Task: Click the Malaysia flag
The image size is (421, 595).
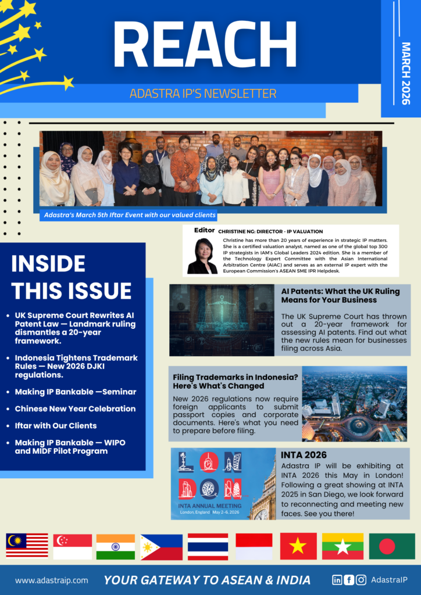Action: [27, 546]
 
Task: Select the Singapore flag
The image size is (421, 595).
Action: [73, 546]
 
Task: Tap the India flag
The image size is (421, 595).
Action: [116, 546]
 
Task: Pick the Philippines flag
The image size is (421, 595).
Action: [161, 546]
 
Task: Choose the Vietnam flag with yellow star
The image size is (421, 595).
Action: [298, 546]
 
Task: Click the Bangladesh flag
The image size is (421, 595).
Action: [392, 546]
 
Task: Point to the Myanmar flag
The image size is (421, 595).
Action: [342, 546]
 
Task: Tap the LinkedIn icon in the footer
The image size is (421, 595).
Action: [337, 579]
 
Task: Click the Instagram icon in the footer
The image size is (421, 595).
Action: [361, 579]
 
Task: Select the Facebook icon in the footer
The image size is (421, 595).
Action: [349, 579]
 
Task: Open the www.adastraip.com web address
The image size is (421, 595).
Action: [52, 580]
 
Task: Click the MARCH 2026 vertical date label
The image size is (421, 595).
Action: [405, 73]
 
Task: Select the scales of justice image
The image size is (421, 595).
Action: [222, 320]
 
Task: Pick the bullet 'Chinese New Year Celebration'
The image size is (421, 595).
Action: [75, 408]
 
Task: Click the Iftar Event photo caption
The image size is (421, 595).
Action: [130, 215]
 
